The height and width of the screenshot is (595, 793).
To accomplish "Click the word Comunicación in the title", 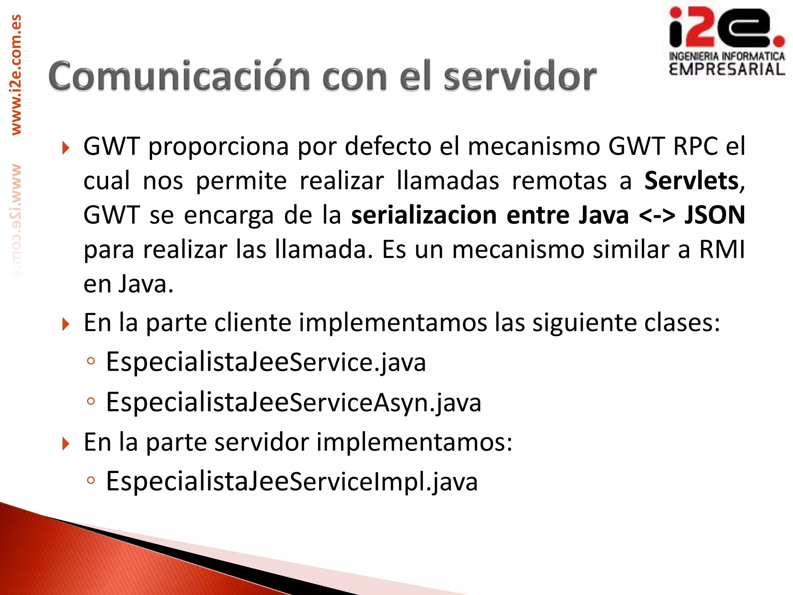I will pos(179,76).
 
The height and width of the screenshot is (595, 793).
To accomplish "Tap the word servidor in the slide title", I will pos(520,76).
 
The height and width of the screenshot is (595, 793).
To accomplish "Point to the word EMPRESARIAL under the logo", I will pos(727,70).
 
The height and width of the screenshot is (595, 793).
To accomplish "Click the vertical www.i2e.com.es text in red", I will pos(16,75).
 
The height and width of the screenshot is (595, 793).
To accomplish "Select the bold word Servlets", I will pos(692,181).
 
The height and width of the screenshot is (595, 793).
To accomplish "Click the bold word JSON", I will pos(715,215).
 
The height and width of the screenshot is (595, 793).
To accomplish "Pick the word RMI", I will pos(722,249).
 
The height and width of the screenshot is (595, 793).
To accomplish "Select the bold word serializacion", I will pos(424,215).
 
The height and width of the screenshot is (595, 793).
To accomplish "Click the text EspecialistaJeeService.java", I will pos(266,362).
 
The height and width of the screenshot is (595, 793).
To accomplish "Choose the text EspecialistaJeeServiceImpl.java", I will pos(292,482).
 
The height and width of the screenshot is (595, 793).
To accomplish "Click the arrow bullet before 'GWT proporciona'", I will pos(65,148).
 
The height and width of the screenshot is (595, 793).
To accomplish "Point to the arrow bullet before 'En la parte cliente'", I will pos(65,324).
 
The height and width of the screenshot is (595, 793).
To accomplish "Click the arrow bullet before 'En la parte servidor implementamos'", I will pos(65,444).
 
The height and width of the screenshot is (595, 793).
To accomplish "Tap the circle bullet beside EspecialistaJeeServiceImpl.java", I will pos(91,481).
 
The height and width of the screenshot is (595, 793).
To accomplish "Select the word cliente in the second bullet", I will pos(252,322).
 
